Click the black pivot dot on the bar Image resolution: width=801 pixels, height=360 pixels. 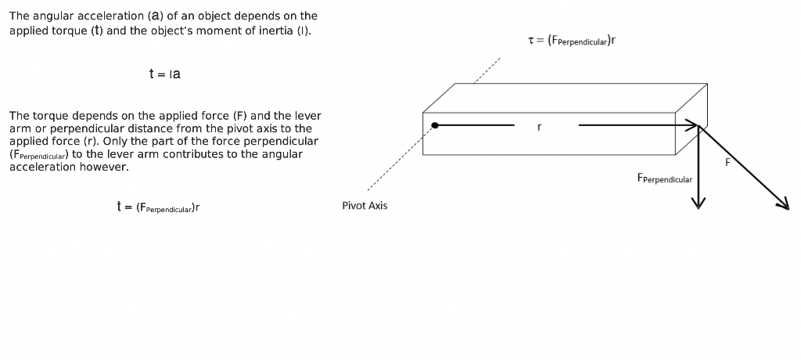435,125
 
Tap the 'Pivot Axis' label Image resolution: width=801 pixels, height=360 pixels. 365,206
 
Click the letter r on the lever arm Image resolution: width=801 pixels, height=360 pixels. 539,126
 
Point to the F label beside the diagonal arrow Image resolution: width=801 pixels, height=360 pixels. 727,162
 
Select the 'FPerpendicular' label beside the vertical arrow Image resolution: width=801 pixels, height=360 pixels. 664,179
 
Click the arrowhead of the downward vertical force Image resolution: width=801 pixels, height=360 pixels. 699,203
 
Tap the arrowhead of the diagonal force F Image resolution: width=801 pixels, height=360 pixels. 783,203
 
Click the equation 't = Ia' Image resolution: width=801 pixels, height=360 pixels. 164,74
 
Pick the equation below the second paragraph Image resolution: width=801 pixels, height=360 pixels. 158,207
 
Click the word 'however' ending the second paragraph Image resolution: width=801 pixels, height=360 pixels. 106,167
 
